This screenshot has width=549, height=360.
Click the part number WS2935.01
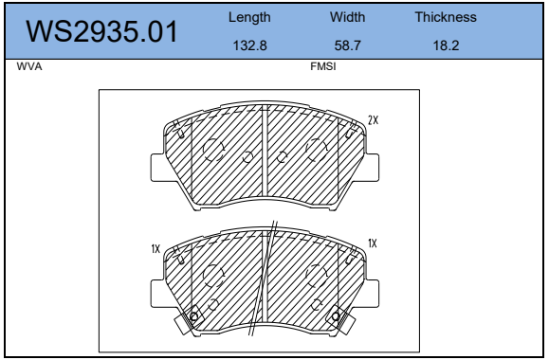[x=101, y=32]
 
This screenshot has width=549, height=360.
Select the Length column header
[x=249, y=17]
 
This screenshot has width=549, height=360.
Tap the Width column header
[x=347, y=17]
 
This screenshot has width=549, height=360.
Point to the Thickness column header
[x=446, y=17]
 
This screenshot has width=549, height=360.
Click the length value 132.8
[x=250, y=45]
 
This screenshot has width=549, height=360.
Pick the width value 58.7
[x=347, y=45]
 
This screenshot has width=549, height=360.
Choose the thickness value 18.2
[x=446, y=45]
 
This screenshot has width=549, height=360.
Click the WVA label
[x=29, y=66]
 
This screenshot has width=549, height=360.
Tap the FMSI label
[x=322, y=66]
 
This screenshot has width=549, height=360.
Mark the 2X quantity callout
[x=374, y=120]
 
